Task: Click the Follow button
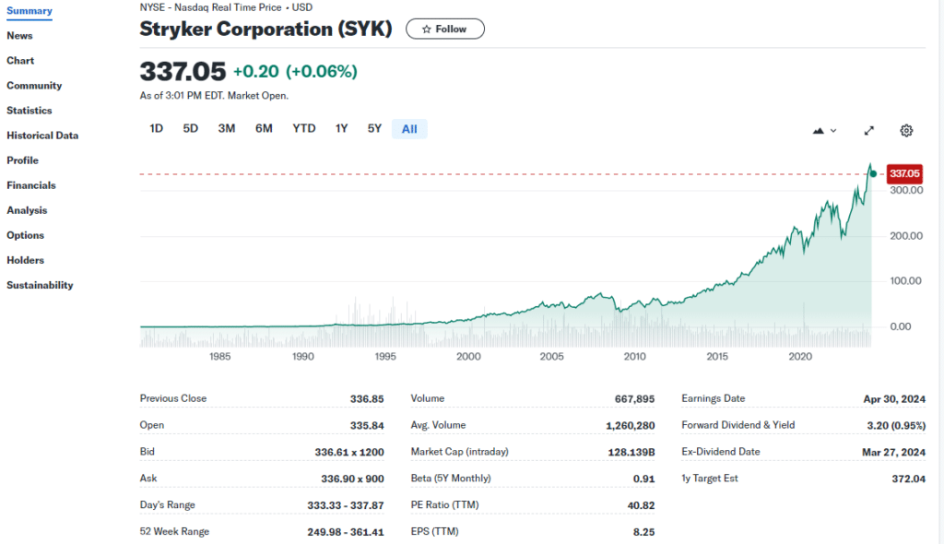(x=444, y=30)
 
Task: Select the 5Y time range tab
(x=374, y=129)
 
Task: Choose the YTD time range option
(x=304, y=129)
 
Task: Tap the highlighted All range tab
(x=409, y=129)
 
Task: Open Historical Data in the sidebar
(x=42, y=136)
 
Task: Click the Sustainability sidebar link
(x=40, y=285)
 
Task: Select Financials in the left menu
(x=31, y=185)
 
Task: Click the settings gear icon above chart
(x=906, y=131)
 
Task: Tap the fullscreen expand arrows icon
(x=868, y=131)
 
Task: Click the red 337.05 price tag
(x=904, y=173)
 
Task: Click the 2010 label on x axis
(x=634, y=357)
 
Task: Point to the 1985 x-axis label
(x=220, y=357)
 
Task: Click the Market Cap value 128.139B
(x=631, y=452)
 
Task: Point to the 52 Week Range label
(x=174, y=531)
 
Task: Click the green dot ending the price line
(x=873, y=173)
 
